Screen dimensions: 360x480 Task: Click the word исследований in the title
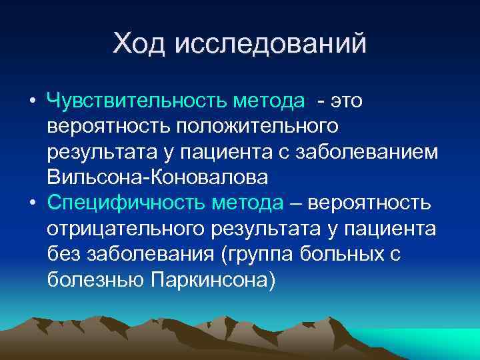pyautogui.click(x=271, y=44)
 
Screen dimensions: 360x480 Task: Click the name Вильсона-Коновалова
pyautogui.click(x=158, y=177)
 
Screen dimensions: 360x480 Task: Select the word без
pyautogui.click(x=63, y=254)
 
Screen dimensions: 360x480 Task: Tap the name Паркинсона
pyautogui.click(x=209, y=279)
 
